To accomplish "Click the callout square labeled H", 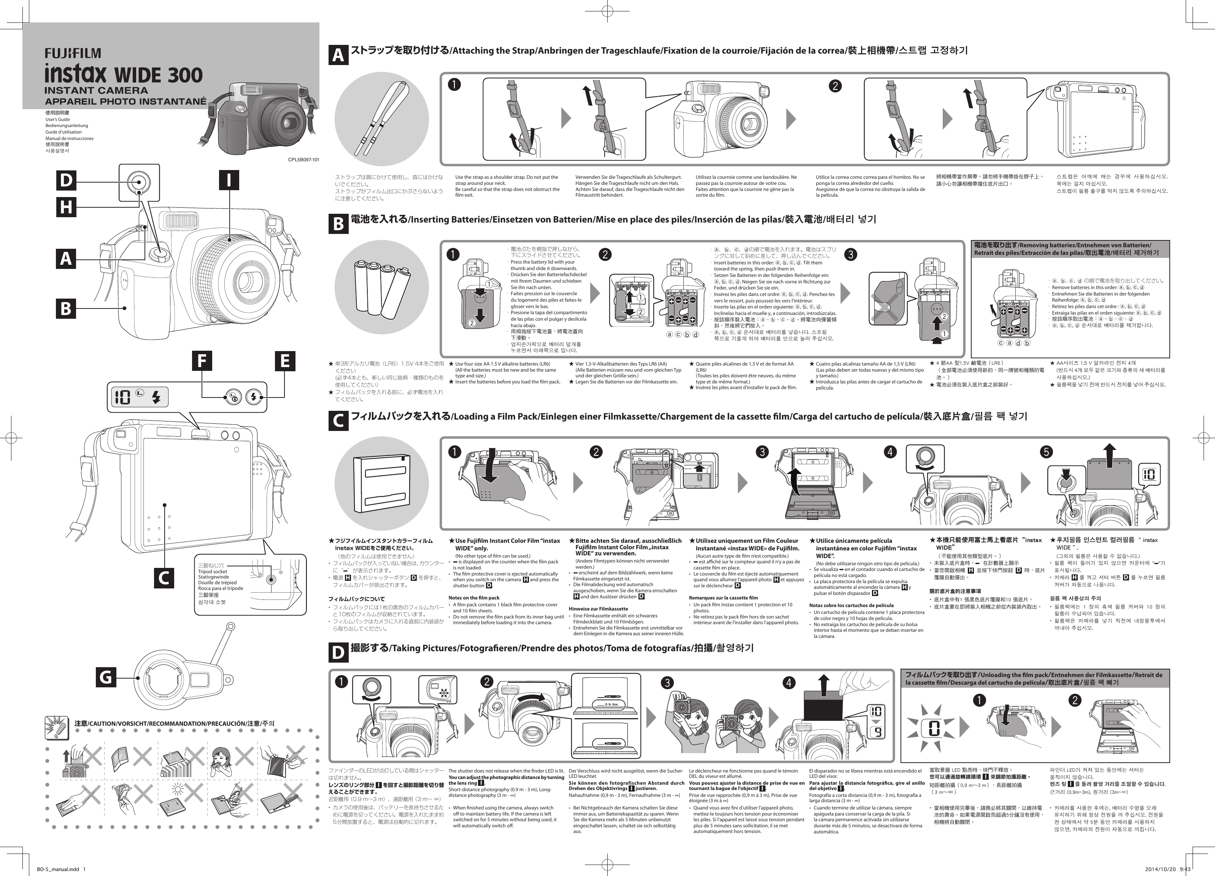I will (x=67, y=207).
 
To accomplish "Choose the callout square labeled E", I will (x=284, y=361).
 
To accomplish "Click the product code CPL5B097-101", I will (x=303, y=160).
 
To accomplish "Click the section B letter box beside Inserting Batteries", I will (x=338, y=223).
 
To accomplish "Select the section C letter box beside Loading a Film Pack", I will (x=338, y=421).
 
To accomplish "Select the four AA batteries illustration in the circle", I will (x=381, y=288).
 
